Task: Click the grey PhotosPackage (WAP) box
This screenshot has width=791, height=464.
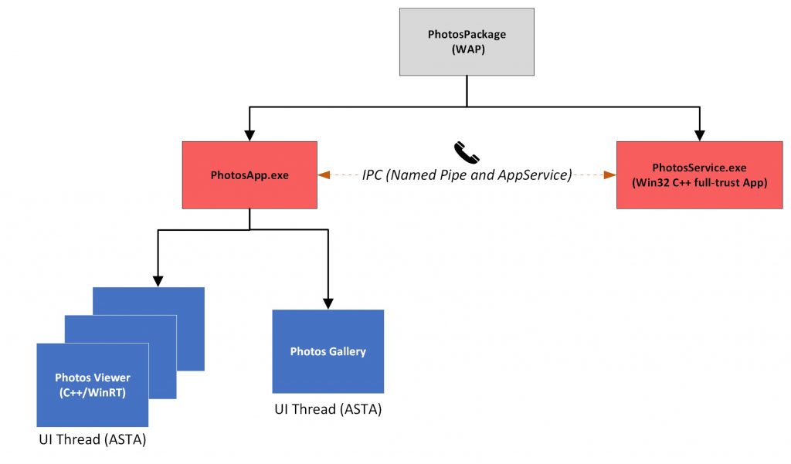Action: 467,42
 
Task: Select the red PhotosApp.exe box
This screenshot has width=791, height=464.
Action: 250,175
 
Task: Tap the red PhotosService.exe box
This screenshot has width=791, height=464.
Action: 699,175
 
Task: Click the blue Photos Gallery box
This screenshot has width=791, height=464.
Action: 328,352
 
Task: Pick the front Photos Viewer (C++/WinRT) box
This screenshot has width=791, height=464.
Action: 93,384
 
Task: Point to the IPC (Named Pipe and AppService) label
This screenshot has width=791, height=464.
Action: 467,175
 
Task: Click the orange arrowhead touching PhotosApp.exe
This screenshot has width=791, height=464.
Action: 323,175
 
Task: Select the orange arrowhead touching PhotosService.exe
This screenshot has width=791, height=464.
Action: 610,175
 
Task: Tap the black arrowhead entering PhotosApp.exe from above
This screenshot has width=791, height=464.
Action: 250,135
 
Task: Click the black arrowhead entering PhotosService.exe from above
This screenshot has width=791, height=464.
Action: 699,135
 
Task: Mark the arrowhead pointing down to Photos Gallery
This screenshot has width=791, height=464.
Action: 328,303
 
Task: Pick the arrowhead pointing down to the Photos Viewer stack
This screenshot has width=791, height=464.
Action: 158,281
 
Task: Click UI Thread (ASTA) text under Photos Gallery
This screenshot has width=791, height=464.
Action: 328,409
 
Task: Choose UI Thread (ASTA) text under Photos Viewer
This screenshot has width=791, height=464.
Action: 93,441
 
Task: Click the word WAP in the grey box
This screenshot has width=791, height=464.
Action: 467,49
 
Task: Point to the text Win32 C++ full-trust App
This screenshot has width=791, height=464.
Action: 699,182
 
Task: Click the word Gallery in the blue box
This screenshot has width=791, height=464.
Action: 346,352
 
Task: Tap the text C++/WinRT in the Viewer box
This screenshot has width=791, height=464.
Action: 93,391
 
